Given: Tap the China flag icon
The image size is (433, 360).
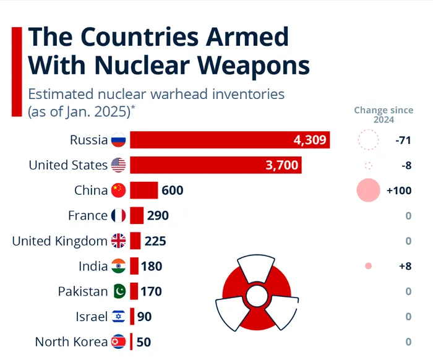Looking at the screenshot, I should coord(118,191).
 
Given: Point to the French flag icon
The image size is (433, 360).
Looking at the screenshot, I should coord(118,216).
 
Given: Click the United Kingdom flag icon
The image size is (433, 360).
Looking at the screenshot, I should coord(118,241).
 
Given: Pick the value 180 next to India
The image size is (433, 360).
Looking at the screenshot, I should coord(152,267).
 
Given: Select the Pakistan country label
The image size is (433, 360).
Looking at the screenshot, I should coord(83,291).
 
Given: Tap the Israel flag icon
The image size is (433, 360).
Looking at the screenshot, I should coord(118,317).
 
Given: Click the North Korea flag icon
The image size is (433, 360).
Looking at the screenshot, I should coord(118,341).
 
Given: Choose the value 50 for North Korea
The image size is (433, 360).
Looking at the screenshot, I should coord(144,341).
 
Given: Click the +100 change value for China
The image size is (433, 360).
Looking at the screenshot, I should coord(399,191).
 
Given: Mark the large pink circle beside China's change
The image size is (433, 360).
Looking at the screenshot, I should coord(368,190).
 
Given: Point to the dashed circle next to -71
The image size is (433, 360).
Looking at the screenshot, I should coord(368,140).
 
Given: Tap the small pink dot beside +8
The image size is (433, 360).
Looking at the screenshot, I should coord(369,266).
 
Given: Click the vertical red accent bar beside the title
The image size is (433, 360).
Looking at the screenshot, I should coord(17,71).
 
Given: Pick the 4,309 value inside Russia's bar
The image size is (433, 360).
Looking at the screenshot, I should coord(309,140).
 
